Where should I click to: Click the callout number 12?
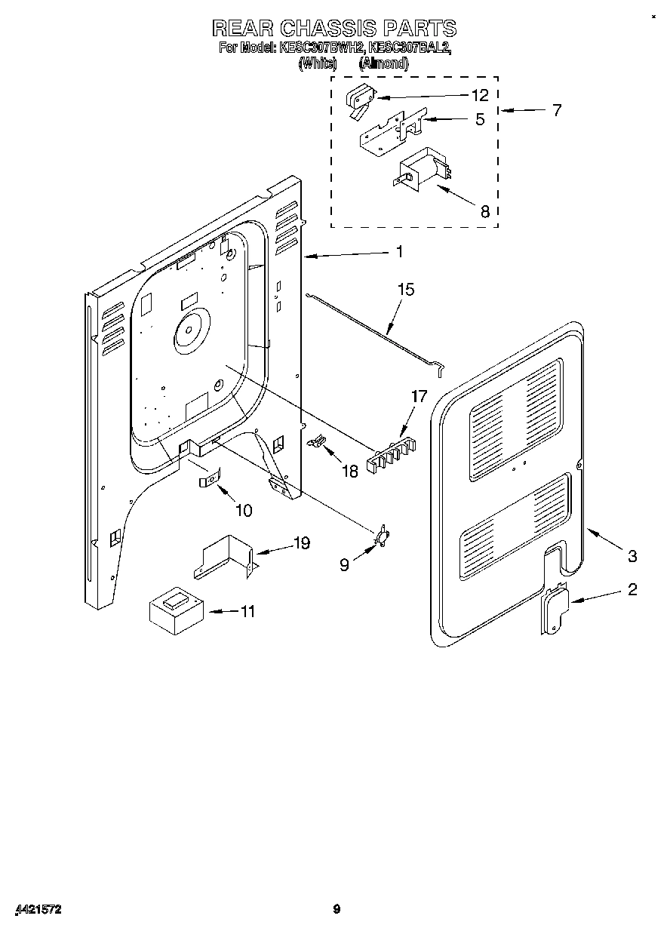pyautogui.click(x=480, y=96)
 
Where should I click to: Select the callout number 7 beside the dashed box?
pyautogui.click(x=556, y=111)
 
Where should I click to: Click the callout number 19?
pyautogui.click(x=301, y=543)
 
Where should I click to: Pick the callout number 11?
pyautogui.click(x=247, y=611)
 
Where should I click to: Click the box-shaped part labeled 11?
pyautogui.click(x=176, y=608)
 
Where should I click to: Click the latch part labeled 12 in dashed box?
pyautogui.click(x=360, y=101)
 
